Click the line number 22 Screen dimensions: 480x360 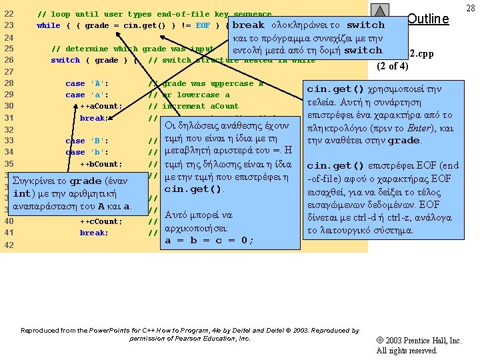pos(9,14)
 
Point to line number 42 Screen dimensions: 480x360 pos(9,245)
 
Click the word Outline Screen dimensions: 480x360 pos(427,19)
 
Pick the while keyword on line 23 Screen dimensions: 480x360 pos(49,25)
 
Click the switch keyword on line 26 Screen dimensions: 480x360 pos(65,60)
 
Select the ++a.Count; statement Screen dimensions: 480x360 pos(101,106)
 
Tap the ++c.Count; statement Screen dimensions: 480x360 pos(101,221)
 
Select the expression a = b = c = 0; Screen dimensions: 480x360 pos(209,241)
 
